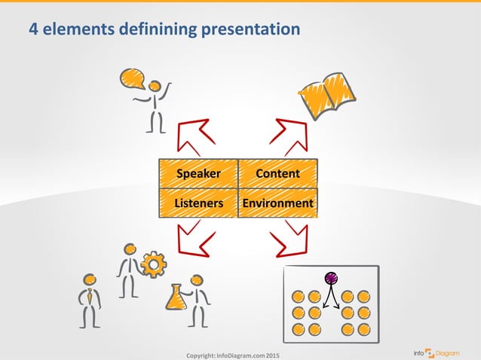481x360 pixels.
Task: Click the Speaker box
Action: (x=198, y=173)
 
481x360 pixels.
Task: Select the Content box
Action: (x=277, y=173)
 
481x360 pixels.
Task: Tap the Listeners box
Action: (x=198, y=203)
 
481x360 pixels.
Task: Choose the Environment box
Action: (x=277, y=203)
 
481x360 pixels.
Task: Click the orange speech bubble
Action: (x=132, y=78)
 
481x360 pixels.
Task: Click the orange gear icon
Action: (x=154, y=264)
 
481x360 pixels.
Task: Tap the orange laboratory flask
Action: (x=176, y=297)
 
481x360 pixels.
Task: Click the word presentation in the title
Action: (x=252, y=29)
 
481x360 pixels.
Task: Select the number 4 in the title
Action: (x=33, y=29)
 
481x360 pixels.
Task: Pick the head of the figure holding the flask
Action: (x=198, y=279)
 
